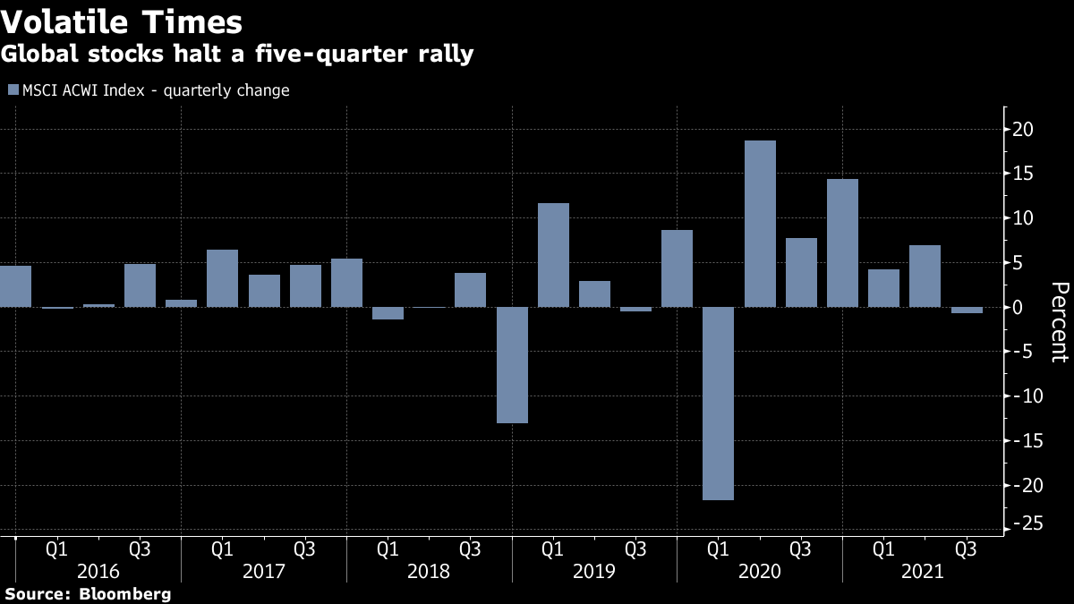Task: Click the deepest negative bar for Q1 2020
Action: [719, 404]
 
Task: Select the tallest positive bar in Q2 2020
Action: [760, 224]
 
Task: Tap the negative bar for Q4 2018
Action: [512, 365]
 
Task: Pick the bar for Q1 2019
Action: [553, 255]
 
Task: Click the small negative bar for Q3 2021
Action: [967, 311]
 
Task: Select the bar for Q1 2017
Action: [222, 278]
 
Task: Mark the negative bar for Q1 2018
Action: [388, 313]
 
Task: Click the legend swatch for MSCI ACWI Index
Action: [13, 90]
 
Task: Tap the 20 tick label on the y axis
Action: [1023, 130]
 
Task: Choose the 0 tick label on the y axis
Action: [1019, 307]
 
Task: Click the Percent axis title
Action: [1059, 321]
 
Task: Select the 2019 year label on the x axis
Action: [594, 571]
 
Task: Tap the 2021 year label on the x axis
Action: [924, 571]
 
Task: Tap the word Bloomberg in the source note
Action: [124, 594]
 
